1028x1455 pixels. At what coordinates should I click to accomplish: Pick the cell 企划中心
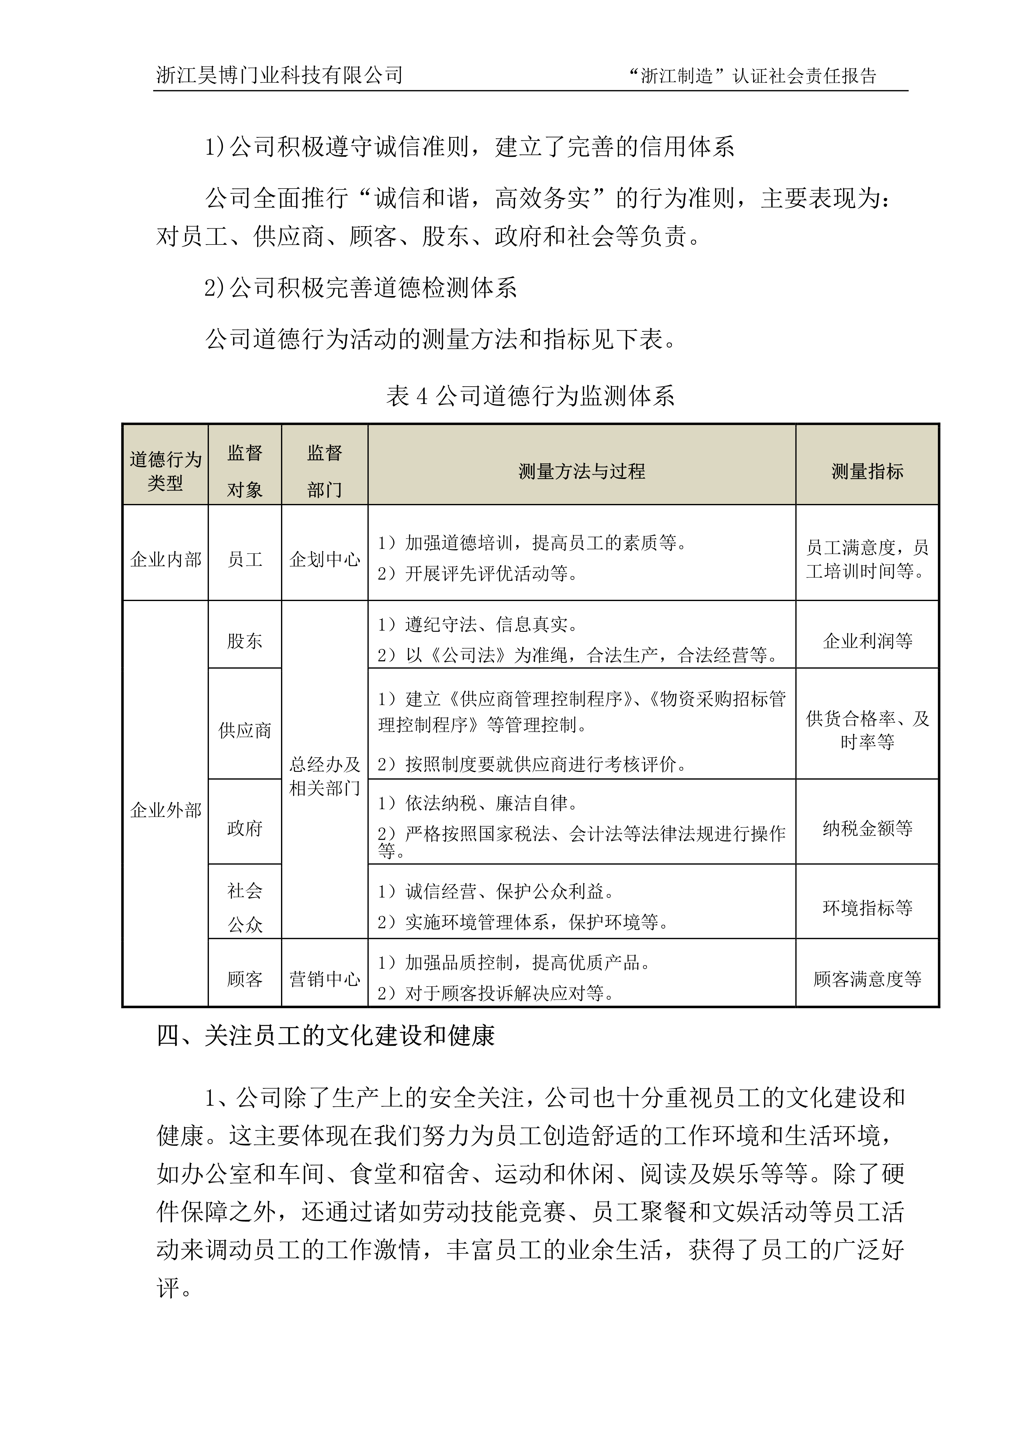[324, 559]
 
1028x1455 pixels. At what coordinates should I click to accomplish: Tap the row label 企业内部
[165, 559]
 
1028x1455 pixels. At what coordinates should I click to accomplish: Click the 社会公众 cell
[245, 907]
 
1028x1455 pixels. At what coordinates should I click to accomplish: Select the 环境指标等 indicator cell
[867, 907]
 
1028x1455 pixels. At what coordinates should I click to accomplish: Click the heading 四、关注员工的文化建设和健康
[325, 1036]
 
